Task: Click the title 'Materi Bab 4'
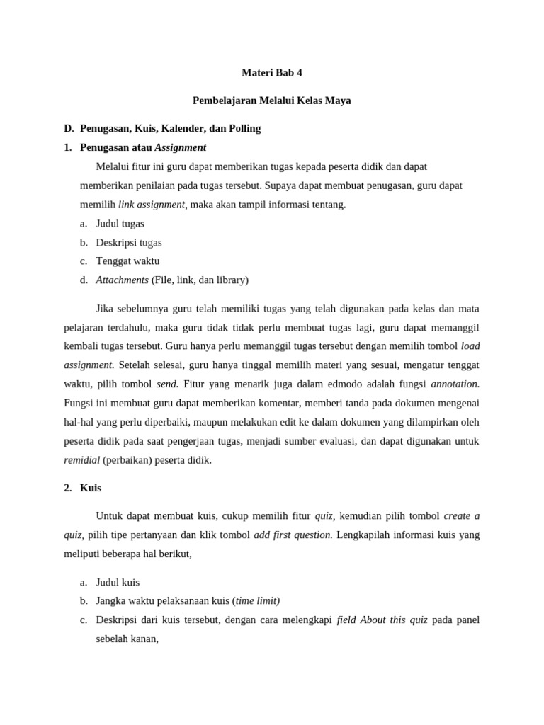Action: point(272,72)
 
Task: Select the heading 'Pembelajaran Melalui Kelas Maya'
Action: point(272,101)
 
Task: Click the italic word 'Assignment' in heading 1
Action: point(181,147)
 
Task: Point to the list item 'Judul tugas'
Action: point(120,223)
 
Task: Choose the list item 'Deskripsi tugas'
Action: point(129,242)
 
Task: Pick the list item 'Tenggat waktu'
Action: point(127,261)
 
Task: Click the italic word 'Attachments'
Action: point(122,280)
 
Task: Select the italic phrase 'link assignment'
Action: point(152,205)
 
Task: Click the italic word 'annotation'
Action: point(455,384)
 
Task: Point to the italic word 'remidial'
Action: point(81,459)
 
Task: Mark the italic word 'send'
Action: point(167,384)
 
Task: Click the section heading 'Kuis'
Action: point(91,488)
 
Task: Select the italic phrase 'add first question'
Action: point(293,535)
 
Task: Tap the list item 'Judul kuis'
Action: point(118,582)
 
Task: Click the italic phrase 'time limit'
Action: point(257,600)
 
